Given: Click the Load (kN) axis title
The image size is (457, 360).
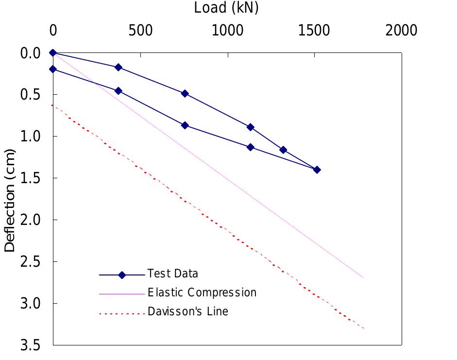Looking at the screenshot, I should pyautogui.click(x=226, y=8).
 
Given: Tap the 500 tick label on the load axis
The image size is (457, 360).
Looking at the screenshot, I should pyautogui.click(x=140, y=31).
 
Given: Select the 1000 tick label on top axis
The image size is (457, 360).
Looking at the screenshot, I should pyautogui.click(x=227, y=31).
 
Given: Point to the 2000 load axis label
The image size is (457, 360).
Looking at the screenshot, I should pyautogui.click(x=401, y=31).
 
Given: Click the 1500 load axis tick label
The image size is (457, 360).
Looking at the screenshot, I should pyautogui.click(x=314, y=31).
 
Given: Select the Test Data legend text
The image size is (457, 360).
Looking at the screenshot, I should pyautogui.click(x=172, y=274).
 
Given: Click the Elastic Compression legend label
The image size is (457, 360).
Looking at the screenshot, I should pyautogui.click(x=202, y=292).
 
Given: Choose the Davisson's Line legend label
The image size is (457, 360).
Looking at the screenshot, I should pyautogui.click(x=187, y=311).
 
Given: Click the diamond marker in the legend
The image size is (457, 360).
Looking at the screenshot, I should pyautogui.click(x=122, y=275).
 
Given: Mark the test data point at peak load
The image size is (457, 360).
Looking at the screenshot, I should pyautogui.click(x=317, y=170).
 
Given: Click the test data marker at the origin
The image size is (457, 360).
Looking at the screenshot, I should pyautogui.click(x=53, y=52).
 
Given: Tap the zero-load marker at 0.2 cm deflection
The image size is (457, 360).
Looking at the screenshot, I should pyautogui.click(x=53, y=69).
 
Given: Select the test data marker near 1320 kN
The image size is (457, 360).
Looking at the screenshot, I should pyautogui.click(x=283, y=150).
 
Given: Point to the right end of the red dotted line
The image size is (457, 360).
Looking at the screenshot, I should pyautogui.click(x=363, y=328).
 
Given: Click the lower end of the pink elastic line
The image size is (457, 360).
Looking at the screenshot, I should pyautogui.click(x=363, y=277).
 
